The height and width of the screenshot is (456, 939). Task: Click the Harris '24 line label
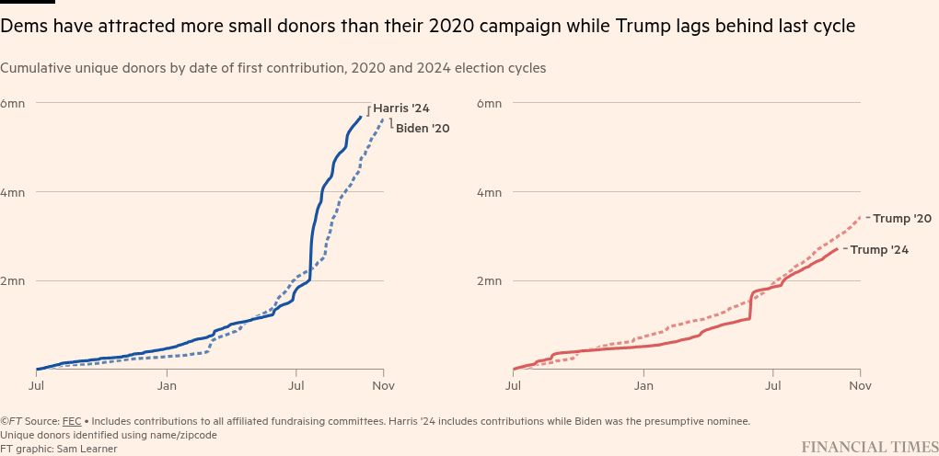[x=400, y=108]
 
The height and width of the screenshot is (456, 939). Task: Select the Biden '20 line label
[x=423, y=129]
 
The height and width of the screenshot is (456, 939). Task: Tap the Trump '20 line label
[x=902, y=219]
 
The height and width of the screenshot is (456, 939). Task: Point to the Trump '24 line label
[x=879, y=250]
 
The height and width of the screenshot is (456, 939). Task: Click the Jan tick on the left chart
[x=167, y=386]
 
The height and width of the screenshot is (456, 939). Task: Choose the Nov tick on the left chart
[x=384, y=386]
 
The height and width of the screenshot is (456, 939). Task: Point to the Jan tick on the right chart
[x=643, y=386]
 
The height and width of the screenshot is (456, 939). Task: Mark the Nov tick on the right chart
[x=860, y=386]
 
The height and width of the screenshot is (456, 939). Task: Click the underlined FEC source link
[x=71, y=421]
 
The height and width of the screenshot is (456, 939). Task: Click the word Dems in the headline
[x=21, y=27]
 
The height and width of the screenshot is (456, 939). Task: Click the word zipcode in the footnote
[x=194, y=435]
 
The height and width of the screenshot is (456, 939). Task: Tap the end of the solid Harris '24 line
[x=361, y=117]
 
